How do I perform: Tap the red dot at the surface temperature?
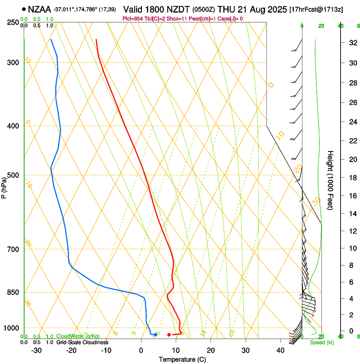click(x=169, y=335)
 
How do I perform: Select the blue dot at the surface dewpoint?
click(x=155, y=335)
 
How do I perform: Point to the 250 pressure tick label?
click(x=14, y=22)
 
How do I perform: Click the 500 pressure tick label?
click(x=14, y=175)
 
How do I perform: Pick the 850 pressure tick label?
click(x=14, y=292)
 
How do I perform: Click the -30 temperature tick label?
click(x=36, y=350)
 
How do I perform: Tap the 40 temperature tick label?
click(x=280, y=350)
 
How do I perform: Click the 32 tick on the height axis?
click(x=352, y=43)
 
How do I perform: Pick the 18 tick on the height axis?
click(x=352, y=178)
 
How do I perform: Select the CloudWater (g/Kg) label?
click(x=78, y=336)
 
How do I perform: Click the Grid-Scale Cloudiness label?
click(x=82, y=342)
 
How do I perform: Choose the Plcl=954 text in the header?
click(x=133, y=19)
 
